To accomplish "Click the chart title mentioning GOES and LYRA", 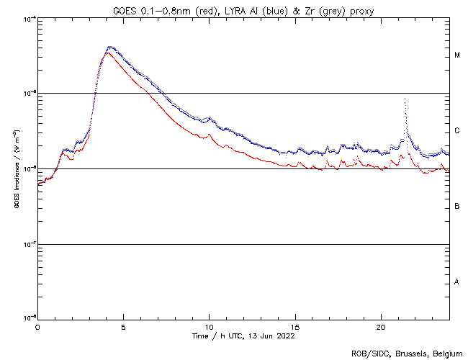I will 243,9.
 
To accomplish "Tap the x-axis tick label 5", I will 123,326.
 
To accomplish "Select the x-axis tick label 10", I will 209,326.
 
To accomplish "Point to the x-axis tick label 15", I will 294,326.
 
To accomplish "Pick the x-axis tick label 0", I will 37,326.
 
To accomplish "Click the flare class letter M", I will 457,55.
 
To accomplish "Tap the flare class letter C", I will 457,131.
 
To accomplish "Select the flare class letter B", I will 457,207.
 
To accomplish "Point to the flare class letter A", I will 457,282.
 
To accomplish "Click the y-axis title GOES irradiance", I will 15,168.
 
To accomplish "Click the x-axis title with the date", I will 243,336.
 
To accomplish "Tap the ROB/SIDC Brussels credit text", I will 406,353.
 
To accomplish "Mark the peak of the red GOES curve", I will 107,53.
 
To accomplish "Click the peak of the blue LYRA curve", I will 110,47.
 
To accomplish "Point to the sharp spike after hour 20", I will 405,98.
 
